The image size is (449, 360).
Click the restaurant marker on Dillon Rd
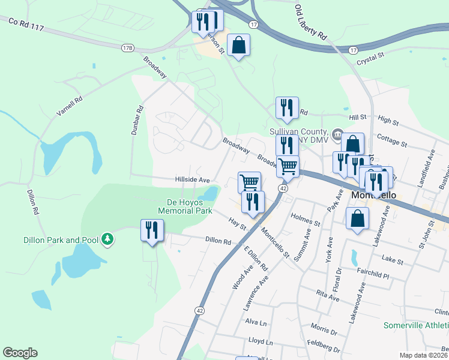(x=152, y=230)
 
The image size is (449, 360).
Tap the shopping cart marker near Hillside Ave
(x=249, y=182)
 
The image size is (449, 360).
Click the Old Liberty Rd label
(x=310, y=22)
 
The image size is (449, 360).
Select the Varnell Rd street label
(x=70, y=106)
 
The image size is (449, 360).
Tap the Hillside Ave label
(x=192, y=179)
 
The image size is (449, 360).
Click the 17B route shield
(x=127, y=47)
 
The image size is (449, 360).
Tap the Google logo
(x=20, y=353)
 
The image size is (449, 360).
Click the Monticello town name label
(x=371, y=196)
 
